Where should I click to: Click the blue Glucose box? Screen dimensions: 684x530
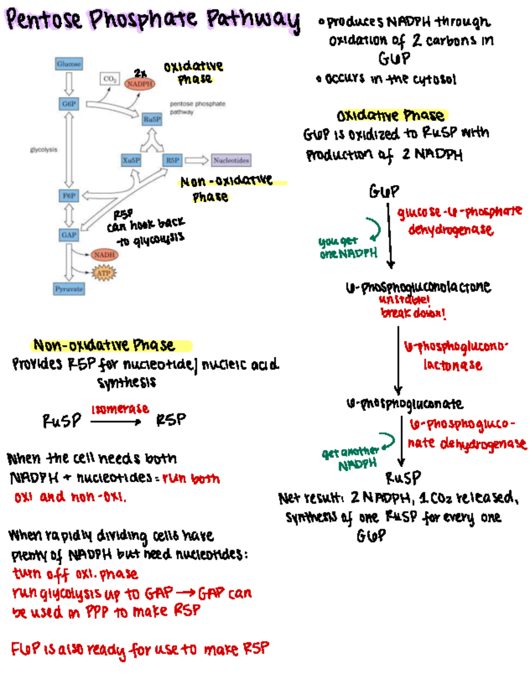[x=69, y=64]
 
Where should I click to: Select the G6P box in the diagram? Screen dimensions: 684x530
[x=69, y=104]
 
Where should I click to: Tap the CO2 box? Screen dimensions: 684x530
[x=110, y=79]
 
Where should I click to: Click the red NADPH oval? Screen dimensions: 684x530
[x=140, y=83]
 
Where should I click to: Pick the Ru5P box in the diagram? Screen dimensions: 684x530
[x=152, y=119]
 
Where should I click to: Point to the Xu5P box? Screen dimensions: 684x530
[x=131, y=160]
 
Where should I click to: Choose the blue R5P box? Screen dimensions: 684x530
[x=173, y=160]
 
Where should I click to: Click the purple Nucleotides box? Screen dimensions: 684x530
[x=231, y=160]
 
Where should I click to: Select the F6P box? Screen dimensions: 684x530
[x=69, y=196]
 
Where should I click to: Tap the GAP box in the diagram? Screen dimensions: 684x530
[x=69, y=235]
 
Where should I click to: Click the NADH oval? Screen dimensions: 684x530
[x=104, y=255]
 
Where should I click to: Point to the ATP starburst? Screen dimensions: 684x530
[x=104, y=273]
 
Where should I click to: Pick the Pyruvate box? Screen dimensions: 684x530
[x=69, y=289]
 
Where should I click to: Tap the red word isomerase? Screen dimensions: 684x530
[x=120, y=409]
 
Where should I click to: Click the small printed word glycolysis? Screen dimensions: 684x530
[x=44, y=150]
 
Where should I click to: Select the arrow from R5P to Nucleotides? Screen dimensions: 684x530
[x=196, y=160]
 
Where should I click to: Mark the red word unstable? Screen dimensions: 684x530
[x=404, y=300]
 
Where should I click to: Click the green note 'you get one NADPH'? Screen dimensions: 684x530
[x=348, y=247]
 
